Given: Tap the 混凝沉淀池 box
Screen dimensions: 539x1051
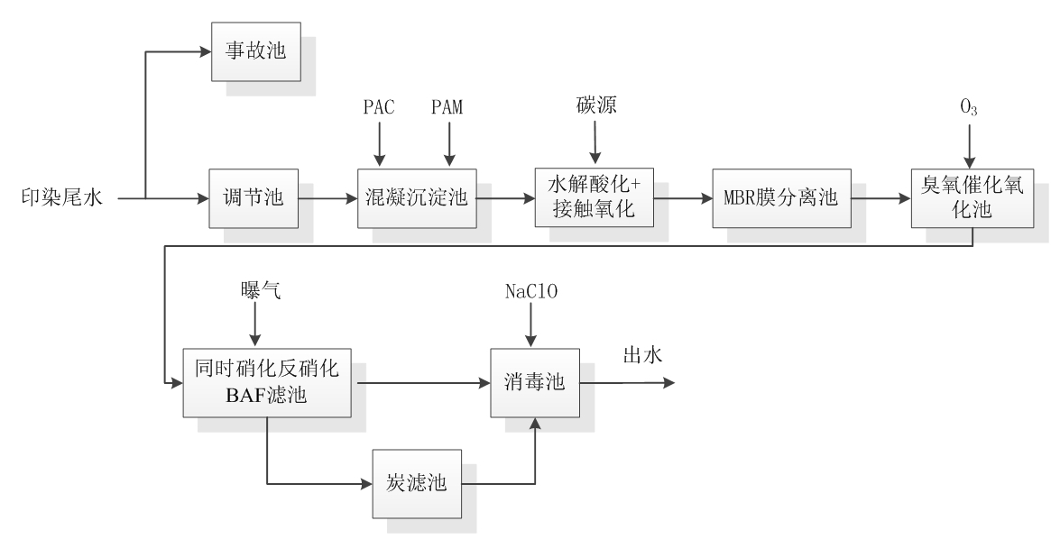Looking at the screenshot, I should pos(416,197).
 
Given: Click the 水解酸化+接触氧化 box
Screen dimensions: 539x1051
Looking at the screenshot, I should pos(594,197).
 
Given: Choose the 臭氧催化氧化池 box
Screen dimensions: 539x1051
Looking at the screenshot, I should pos(971,197).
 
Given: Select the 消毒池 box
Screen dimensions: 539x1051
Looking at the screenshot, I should pos(533,383).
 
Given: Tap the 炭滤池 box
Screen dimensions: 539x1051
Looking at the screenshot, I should pos(416,483).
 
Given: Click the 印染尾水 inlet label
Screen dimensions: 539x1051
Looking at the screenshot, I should pos(61,198).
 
